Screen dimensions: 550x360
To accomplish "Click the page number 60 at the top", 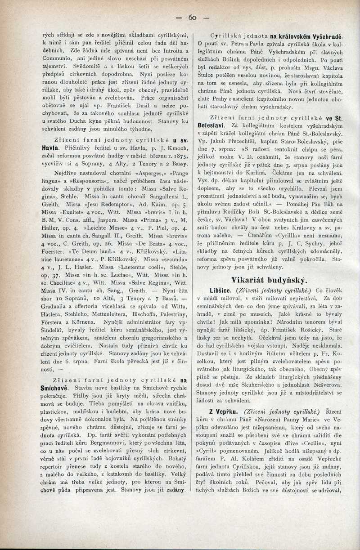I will click(x=193, y=18).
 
